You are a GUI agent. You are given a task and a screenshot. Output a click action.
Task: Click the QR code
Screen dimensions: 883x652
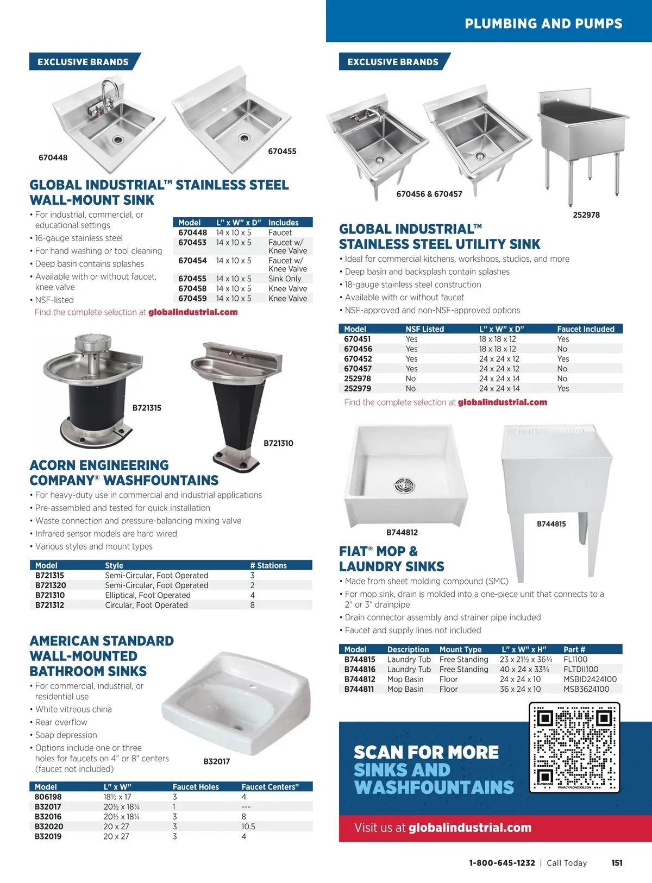(x=574, y=747)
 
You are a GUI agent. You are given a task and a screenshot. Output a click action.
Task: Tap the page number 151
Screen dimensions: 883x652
(x=617, y=863)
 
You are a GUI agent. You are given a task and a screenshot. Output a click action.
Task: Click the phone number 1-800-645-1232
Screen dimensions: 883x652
(x=502, y=863)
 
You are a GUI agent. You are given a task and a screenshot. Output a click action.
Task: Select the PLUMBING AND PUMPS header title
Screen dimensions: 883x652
(x=543, y=23)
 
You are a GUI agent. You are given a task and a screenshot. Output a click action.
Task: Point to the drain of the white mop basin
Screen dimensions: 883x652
(x=404, y=485)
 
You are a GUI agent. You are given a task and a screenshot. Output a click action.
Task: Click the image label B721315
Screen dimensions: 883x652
(x=147, y=408)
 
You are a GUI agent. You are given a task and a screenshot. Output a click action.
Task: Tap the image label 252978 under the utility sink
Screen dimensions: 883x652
(x=586, y=215)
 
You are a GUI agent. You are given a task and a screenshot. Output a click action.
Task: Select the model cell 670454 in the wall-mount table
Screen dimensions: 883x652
(x=192, y=261)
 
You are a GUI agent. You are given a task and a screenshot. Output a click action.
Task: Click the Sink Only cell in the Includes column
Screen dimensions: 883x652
(x=285, y=279)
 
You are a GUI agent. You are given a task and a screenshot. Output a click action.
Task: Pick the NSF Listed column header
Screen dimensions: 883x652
(x=424, y=329)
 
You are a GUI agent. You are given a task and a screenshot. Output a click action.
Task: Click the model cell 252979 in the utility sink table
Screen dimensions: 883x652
(x=358, y=388)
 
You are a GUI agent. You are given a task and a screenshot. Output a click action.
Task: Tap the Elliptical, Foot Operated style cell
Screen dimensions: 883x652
(x=148, y=595)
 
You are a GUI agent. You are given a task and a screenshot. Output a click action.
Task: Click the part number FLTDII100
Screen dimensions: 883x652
(x=581, y=670)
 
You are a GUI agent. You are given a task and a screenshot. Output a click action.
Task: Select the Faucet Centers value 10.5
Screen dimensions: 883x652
(x=248, y=827)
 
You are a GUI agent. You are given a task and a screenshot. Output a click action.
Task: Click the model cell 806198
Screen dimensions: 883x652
(x=48, y=797)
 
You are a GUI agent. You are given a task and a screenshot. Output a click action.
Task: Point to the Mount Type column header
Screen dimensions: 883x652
(x=460, y=649)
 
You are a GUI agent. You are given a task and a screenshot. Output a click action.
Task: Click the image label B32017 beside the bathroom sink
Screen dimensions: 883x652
(x=216, y=761)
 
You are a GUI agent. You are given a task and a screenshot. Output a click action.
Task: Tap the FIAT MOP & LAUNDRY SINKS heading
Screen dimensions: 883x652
(x=391, y=559)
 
